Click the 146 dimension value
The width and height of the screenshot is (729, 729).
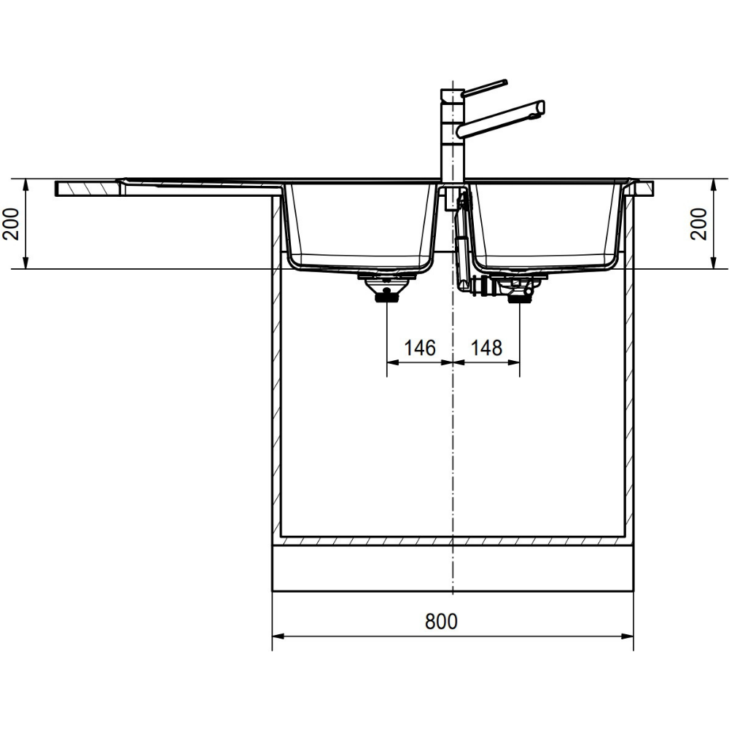[x=420, y=348]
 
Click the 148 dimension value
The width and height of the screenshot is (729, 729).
[x=487, y=348]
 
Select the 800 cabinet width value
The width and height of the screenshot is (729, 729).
[x=441, y=621]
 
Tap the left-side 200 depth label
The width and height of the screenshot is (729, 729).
[x=11, y=224]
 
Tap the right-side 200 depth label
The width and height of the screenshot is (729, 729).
[x=698, y=224]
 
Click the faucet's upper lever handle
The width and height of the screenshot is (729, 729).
[x=485, y=87]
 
